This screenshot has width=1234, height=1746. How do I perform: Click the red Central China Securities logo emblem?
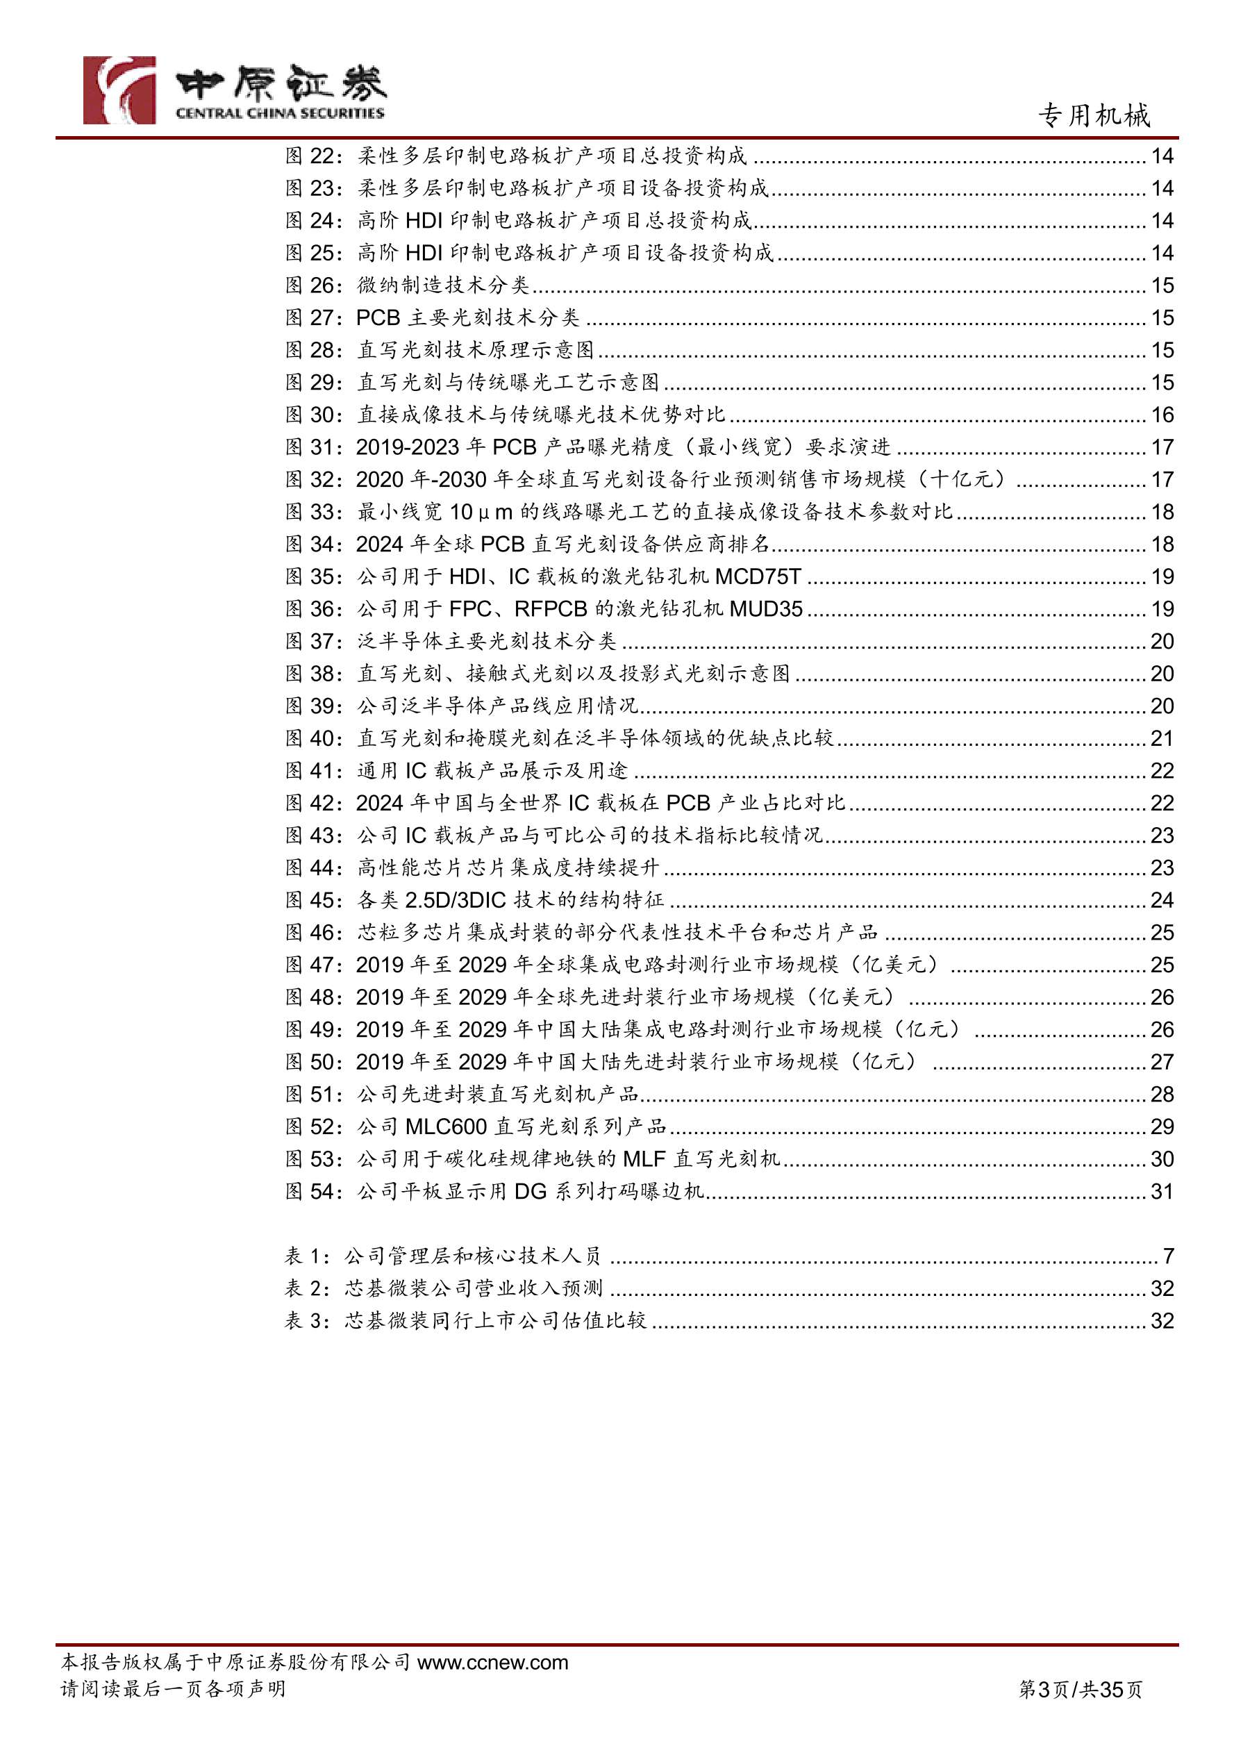(x=119, y=90)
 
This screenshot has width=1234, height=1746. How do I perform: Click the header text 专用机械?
(x=1094, y=115)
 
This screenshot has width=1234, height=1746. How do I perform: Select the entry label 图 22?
(x=314, y=156)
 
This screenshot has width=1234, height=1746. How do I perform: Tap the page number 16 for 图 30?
(x=1162, y=415)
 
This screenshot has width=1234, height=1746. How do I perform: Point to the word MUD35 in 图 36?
(x=766, y=609)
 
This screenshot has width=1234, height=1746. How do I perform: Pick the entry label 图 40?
(x=314, y=738)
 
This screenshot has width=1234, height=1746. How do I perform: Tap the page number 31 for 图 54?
(x=1162, y=1192)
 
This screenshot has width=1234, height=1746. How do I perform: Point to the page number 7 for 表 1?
(x=1168, y=1256)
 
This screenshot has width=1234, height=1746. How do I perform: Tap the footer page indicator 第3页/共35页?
(x=1080, y=1690)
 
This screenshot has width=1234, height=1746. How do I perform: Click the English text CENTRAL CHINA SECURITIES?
(x=280, y=113)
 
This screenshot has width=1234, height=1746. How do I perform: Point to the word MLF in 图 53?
(x=644, y=1159)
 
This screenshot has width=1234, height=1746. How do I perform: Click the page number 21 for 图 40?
(x=1162, y=738)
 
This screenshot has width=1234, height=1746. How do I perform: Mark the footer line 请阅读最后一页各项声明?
(x=174, y=1689)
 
